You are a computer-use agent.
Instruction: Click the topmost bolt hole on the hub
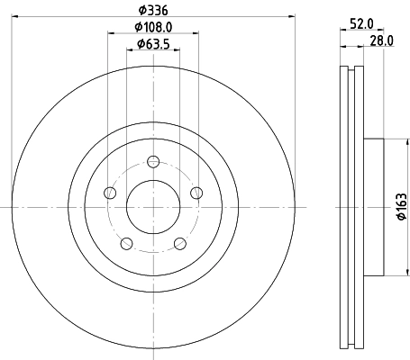pos(153,162)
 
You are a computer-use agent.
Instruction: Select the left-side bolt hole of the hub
pos(111,193)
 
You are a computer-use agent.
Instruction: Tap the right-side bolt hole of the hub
pos(196,192)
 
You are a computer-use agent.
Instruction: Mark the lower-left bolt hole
pos(127,242)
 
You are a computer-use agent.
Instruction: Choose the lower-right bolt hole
pos(179,242)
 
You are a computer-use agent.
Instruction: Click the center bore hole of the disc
pos(153,206)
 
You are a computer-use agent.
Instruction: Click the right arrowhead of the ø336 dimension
pos(291,16)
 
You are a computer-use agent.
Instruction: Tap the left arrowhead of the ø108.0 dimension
pos(112,34)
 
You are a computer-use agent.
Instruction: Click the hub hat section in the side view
pos(373,206)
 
